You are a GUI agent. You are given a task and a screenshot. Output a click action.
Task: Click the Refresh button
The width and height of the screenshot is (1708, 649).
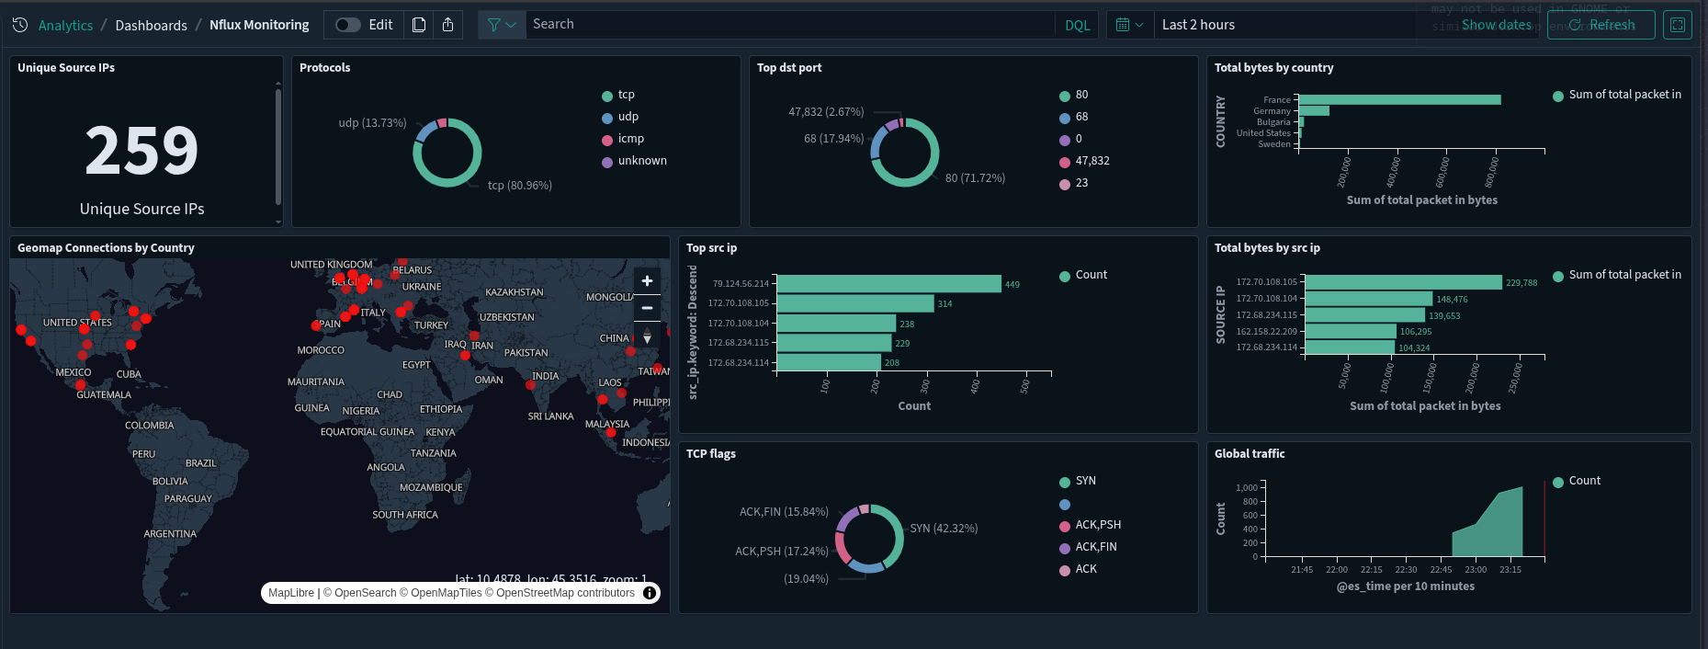[1601, 25]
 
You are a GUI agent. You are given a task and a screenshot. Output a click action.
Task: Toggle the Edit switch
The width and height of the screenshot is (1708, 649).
[347, 25]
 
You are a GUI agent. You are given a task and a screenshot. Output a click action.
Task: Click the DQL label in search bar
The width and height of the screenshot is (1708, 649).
[1077, 25]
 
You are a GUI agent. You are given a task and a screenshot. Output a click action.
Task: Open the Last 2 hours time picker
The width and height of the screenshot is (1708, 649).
[1198, 25]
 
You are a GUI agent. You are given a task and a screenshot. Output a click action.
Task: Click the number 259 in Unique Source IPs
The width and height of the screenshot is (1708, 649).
[141, 152]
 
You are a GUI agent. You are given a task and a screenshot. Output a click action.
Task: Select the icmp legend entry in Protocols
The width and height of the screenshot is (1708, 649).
[630, 139]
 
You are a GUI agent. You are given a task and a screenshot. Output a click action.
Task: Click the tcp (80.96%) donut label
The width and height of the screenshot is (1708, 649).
[519, 186]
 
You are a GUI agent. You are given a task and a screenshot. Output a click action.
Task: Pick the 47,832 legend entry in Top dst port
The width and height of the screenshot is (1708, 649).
[1092, 161]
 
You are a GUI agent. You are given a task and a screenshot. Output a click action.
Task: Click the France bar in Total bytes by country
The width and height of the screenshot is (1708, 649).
[1399, 100]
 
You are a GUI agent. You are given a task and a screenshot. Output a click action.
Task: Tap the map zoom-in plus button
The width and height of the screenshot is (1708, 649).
[647, 281]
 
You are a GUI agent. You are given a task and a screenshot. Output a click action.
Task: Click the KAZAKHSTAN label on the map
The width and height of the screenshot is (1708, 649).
[514, 292]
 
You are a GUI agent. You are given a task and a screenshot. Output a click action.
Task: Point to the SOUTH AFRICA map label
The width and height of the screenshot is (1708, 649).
[404, 515]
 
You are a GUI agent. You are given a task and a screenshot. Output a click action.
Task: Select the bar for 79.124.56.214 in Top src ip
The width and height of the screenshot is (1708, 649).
[888, 284]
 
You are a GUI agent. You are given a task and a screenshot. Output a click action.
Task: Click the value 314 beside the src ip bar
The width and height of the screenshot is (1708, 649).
[944, 304]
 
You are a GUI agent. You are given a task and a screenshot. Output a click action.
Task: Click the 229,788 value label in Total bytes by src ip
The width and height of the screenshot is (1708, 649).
[1521, 283]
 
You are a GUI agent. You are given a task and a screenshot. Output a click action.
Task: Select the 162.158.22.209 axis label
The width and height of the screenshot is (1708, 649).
[1266, 332]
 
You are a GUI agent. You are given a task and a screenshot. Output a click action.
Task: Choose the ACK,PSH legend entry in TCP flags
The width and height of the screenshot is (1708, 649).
[1097, 525]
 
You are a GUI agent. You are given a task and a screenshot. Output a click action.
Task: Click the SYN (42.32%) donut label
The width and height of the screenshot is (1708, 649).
[944, 529]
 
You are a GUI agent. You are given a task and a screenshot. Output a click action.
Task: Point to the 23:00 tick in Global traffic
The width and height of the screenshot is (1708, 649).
[1476, 570]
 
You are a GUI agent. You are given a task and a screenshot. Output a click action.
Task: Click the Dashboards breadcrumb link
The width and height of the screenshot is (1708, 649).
[151, 26]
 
